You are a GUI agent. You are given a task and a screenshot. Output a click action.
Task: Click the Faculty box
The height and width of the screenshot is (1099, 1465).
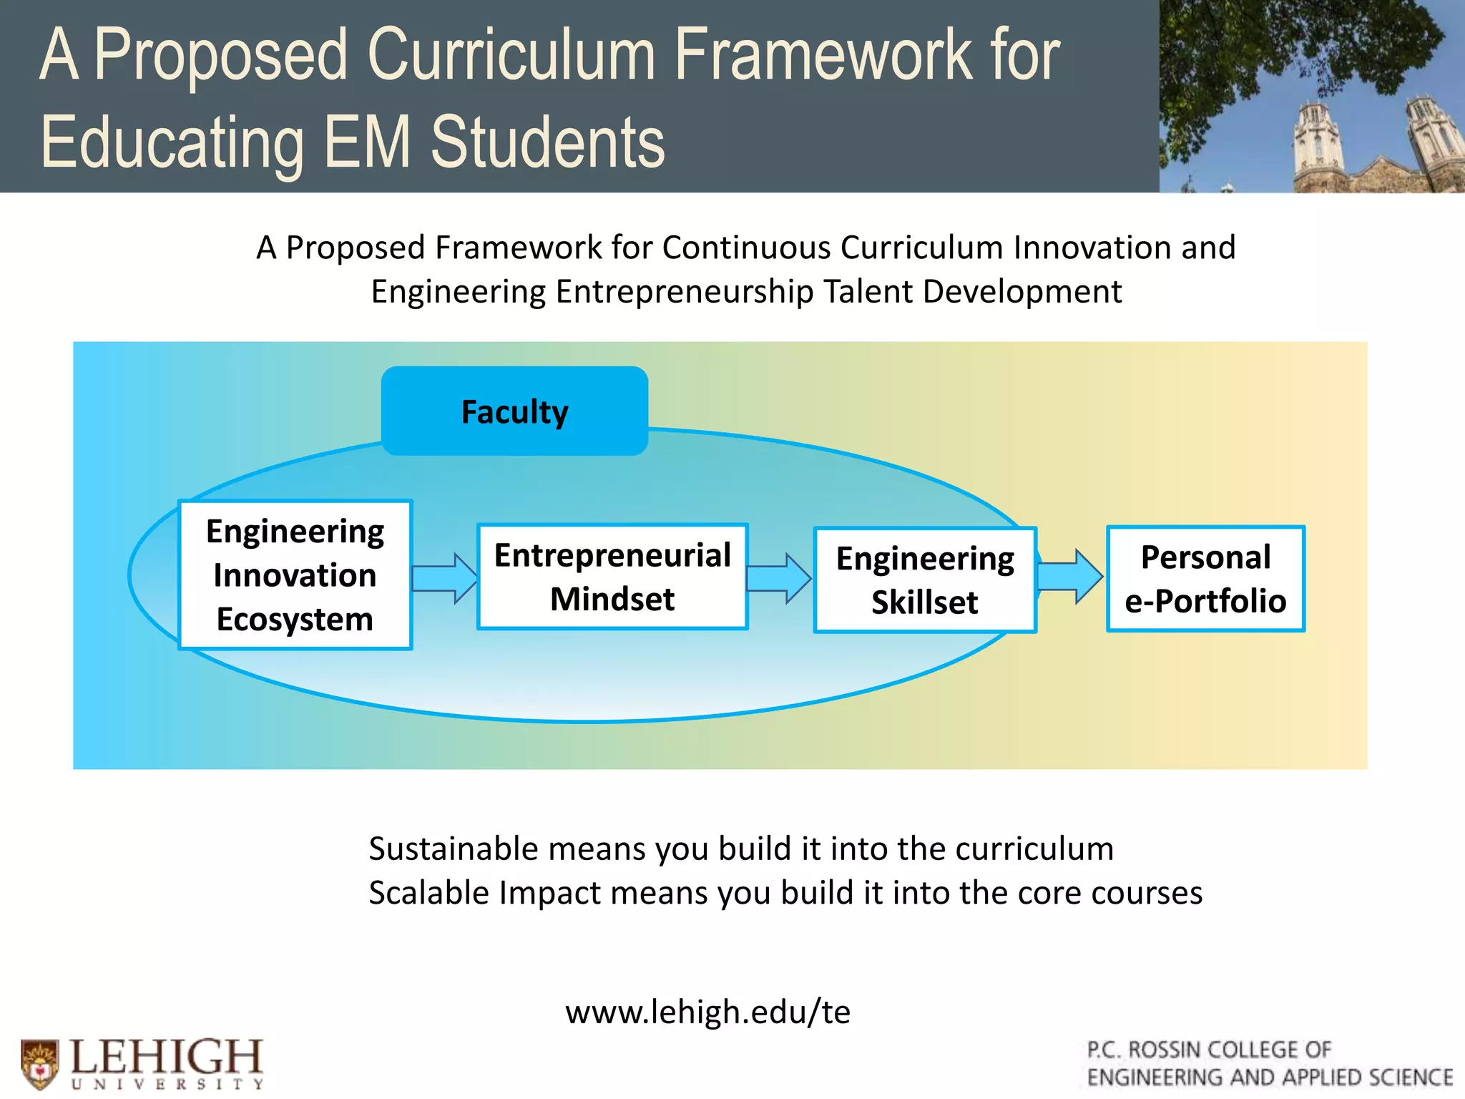click(x=514, y=411)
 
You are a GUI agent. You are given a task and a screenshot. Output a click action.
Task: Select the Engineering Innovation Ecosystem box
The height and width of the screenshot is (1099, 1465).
click(x=295, y=575)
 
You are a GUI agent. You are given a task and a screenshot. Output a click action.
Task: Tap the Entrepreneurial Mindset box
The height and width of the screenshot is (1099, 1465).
click(x=612, y=577)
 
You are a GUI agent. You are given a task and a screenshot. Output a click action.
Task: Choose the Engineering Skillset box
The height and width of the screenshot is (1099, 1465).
click(x=925, y=580)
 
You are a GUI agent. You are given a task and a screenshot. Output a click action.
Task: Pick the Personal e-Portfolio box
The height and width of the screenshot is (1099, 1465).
click(x=1205, y=579)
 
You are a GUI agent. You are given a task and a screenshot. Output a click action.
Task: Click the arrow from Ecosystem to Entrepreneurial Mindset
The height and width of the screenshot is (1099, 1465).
click(x=444, y=578)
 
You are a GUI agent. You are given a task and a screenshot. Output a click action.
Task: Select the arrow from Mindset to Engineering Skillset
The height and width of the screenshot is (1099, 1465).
click(x=779, y=578)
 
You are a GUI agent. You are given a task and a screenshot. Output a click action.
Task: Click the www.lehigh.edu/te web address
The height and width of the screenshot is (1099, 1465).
click(x=707, y=1012)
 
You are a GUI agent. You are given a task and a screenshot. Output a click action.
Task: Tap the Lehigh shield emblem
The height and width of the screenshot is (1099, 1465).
click(x=40, y=1063)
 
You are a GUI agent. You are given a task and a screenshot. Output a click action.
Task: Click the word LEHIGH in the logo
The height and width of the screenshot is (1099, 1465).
click(x=167, y=1057)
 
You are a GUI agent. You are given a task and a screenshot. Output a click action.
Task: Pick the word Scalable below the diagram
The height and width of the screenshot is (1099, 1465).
click(x=428, y=893)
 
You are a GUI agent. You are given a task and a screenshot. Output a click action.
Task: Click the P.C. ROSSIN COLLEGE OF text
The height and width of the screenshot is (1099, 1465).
click(x=1209, y=1050)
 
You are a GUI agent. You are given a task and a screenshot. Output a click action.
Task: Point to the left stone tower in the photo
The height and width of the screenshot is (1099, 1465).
click(x=1318, y=143)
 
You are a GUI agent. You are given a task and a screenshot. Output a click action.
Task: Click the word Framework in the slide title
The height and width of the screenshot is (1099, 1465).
click(x=823, y=55)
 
